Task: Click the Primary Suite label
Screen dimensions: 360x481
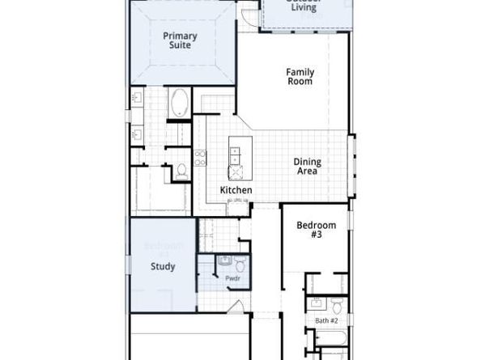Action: [180, 40]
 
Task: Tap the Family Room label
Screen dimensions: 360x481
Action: [300, 77]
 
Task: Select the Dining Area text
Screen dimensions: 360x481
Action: [306, 166]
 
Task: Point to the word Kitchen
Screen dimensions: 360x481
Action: [236, 190]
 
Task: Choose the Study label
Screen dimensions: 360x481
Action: [163, 266]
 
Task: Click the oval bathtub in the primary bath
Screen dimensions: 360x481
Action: [179, 104]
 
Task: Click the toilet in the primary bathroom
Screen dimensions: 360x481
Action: [181, 171]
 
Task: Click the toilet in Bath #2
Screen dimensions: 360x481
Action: [337, 304]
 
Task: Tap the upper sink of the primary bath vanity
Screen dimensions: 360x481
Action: [137, 99]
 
